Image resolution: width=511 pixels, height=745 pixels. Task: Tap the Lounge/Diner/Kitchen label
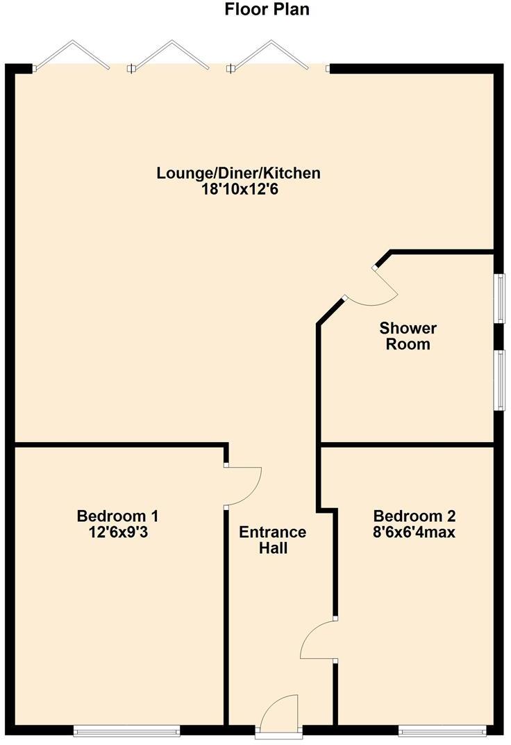coord(238,173)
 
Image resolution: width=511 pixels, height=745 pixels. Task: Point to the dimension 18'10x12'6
coord(238,188)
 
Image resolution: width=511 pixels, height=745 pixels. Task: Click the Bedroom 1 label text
coord(117,516)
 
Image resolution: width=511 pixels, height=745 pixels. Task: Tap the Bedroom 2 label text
coord(414,516)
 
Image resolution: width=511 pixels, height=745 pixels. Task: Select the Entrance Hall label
coord(272,540)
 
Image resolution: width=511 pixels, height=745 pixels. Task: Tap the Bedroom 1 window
coord(126,730)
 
